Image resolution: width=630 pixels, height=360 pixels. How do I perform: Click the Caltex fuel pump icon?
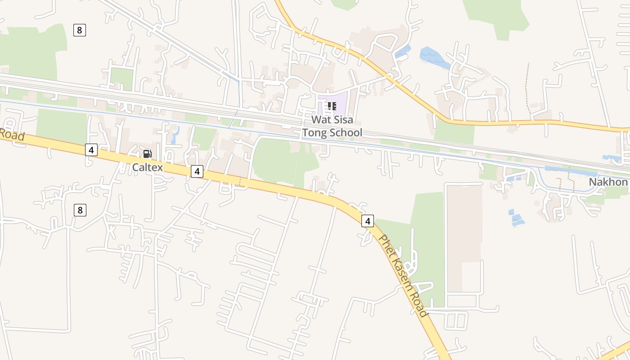[147, 154]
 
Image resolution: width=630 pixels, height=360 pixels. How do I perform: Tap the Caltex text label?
[147, 167]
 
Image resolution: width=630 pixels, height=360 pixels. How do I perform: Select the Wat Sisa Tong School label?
[332, 126]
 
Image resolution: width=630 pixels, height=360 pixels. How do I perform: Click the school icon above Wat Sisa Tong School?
[332, 106]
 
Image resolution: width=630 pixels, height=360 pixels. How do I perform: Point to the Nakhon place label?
[608, 182]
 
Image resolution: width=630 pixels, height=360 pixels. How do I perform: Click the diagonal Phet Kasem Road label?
[403, 275]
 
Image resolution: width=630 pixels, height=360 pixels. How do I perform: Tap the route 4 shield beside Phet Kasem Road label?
[368, 221]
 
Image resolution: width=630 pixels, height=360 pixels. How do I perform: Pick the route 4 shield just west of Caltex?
[91, 150]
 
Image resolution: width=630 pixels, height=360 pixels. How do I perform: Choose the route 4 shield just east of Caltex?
[197, 171]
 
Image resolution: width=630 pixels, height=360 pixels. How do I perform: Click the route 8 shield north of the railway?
[79, 30]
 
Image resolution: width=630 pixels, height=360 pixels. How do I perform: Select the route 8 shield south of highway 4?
[80, 210]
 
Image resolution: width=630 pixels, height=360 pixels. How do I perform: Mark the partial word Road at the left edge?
[11, 134]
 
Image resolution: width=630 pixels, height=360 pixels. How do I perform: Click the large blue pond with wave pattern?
[434, 58]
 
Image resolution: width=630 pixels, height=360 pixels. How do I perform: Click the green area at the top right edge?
[497, 16]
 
